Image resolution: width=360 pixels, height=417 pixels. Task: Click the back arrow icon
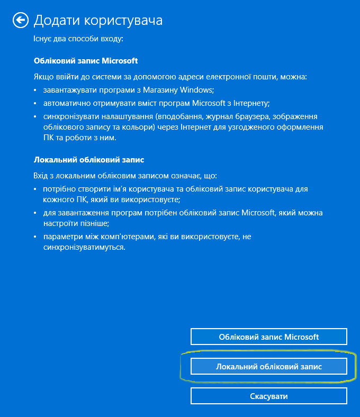[20, 21]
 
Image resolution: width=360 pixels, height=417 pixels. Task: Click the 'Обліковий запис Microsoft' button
[268, 337]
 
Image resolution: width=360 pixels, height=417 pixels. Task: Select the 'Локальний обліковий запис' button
[268, 366]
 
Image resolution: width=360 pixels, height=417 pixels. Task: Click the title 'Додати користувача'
[98, 21]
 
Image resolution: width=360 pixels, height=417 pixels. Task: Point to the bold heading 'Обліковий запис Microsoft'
[86, 61]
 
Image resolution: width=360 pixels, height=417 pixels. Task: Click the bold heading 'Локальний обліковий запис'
[89, 159]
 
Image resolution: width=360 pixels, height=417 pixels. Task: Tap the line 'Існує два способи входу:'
[78, 39]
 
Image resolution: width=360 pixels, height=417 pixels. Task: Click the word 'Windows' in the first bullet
[197, 90]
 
